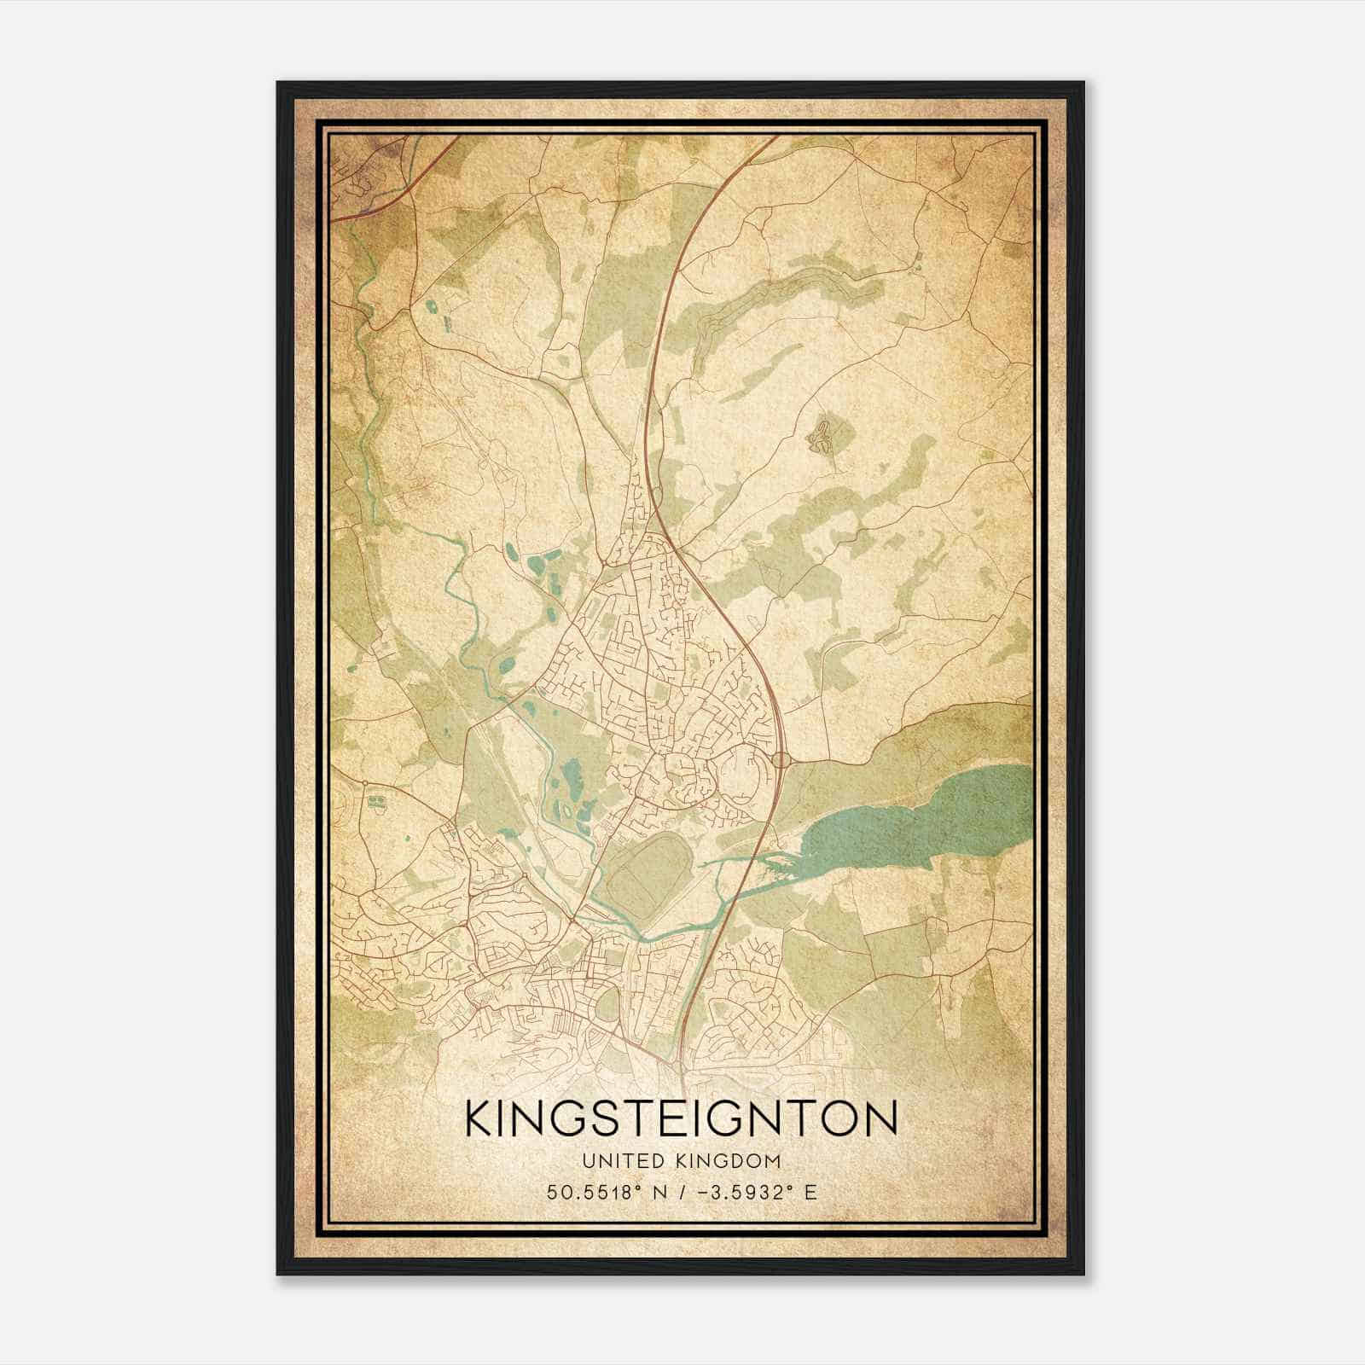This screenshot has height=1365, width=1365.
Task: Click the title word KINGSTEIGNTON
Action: [681, 1118]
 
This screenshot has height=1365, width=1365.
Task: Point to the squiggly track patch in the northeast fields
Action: [822, 435]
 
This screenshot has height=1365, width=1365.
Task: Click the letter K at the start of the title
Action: [480, 1118]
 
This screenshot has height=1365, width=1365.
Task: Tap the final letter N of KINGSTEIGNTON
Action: [882, 1118]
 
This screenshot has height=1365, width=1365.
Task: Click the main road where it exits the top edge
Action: [775, 139]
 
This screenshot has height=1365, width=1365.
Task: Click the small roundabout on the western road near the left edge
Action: [365, 782]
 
